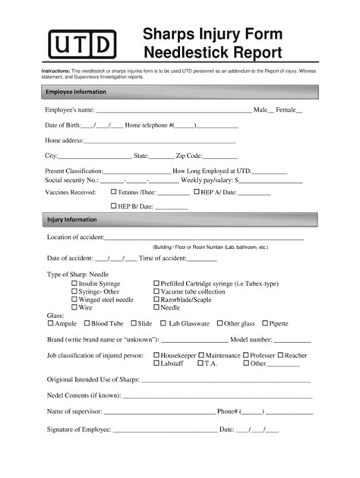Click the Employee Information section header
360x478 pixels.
[76, 92]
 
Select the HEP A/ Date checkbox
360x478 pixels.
[195, 193]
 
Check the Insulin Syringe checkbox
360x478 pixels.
[74, 282]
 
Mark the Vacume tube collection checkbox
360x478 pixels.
[156, 291]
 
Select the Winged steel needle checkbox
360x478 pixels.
[74, 300]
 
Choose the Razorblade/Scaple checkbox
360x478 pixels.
[156, 300]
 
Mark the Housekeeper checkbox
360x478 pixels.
[156, 355]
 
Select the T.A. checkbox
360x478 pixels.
[200, 363]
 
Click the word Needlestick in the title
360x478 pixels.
[179, 53]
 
